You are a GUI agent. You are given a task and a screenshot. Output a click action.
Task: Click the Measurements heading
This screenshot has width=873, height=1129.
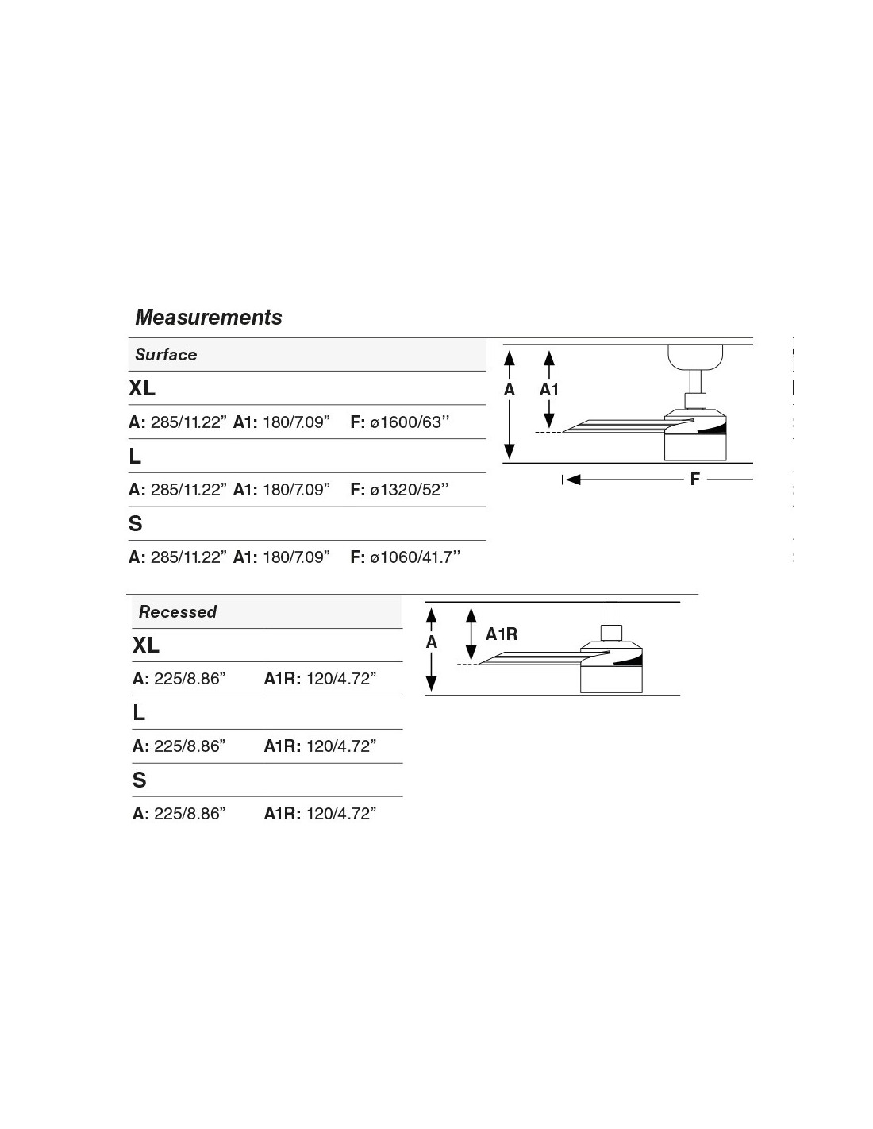coord(209,318)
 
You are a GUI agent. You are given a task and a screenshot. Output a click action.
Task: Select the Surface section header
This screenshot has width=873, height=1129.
coord(166,355)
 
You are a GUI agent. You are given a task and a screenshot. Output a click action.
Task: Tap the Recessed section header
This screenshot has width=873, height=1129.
coord(178,612)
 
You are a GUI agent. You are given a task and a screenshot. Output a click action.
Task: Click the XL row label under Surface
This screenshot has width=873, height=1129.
coord(142,388)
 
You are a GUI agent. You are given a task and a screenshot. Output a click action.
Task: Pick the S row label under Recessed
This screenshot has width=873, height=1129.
coord(140,780)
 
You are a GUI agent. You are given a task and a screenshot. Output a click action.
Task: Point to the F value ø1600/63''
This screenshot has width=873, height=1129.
coord(410,422)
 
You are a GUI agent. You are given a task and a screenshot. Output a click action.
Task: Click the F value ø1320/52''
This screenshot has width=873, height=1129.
coord(410,490)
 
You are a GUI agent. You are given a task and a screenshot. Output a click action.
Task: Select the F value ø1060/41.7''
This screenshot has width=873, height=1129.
coord(415,557)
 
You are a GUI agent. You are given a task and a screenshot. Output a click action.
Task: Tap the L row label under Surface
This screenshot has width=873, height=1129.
coord(135,457)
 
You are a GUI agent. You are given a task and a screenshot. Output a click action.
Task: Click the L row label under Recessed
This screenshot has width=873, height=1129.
coord(139,713)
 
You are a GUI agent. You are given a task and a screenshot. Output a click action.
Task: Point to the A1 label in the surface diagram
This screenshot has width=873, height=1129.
coord(549,390)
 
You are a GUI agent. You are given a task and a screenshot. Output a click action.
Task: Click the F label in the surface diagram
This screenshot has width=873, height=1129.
coord(694,480)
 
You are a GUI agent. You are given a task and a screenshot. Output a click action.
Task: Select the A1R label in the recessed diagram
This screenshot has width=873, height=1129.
coord(502,634)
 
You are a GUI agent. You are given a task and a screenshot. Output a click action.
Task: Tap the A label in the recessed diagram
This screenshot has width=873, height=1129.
coord(432,642)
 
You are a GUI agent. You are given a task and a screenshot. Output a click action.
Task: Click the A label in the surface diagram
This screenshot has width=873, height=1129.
coord(510,390)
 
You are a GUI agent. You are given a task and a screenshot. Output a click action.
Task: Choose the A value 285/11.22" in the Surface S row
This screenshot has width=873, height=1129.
coord(189,557)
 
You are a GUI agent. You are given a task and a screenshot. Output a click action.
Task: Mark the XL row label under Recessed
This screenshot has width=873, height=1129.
coord(146,645)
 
